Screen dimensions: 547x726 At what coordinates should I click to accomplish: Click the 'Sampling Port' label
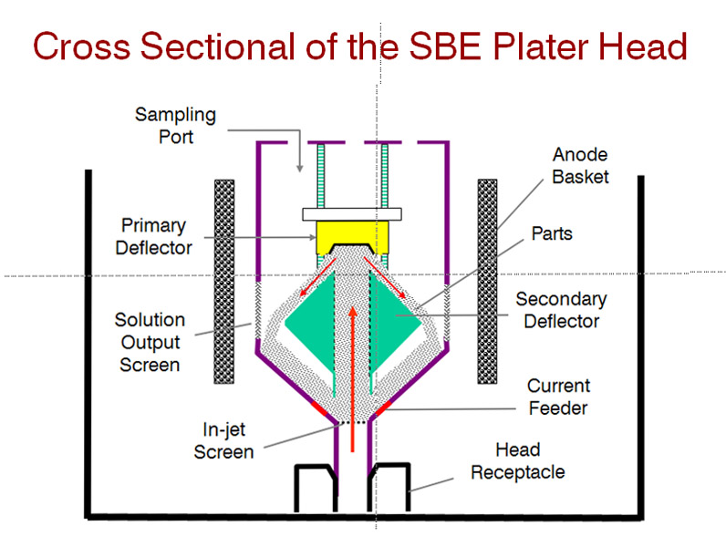(175, 127)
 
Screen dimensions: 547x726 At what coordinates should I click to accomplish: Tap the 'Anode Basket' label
(580, 165)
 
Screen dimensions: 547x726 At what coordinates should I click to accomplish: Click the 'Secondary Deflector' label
(561, 310)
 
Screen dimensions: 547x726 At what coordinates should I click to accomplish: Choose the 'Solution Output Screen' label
(148, 342)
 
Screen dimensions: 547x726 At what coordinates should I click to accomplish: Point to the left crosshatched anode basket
(225, 281)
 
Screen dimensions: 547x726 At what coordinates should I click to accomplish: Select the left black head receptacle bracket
(313, 488)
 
